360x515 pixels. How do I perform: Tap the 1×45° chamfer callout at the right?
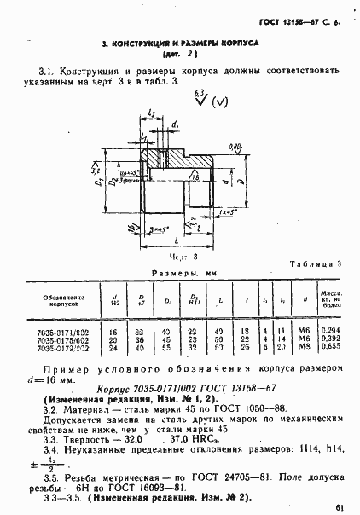pyautogui.click(x=227, y=211)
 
